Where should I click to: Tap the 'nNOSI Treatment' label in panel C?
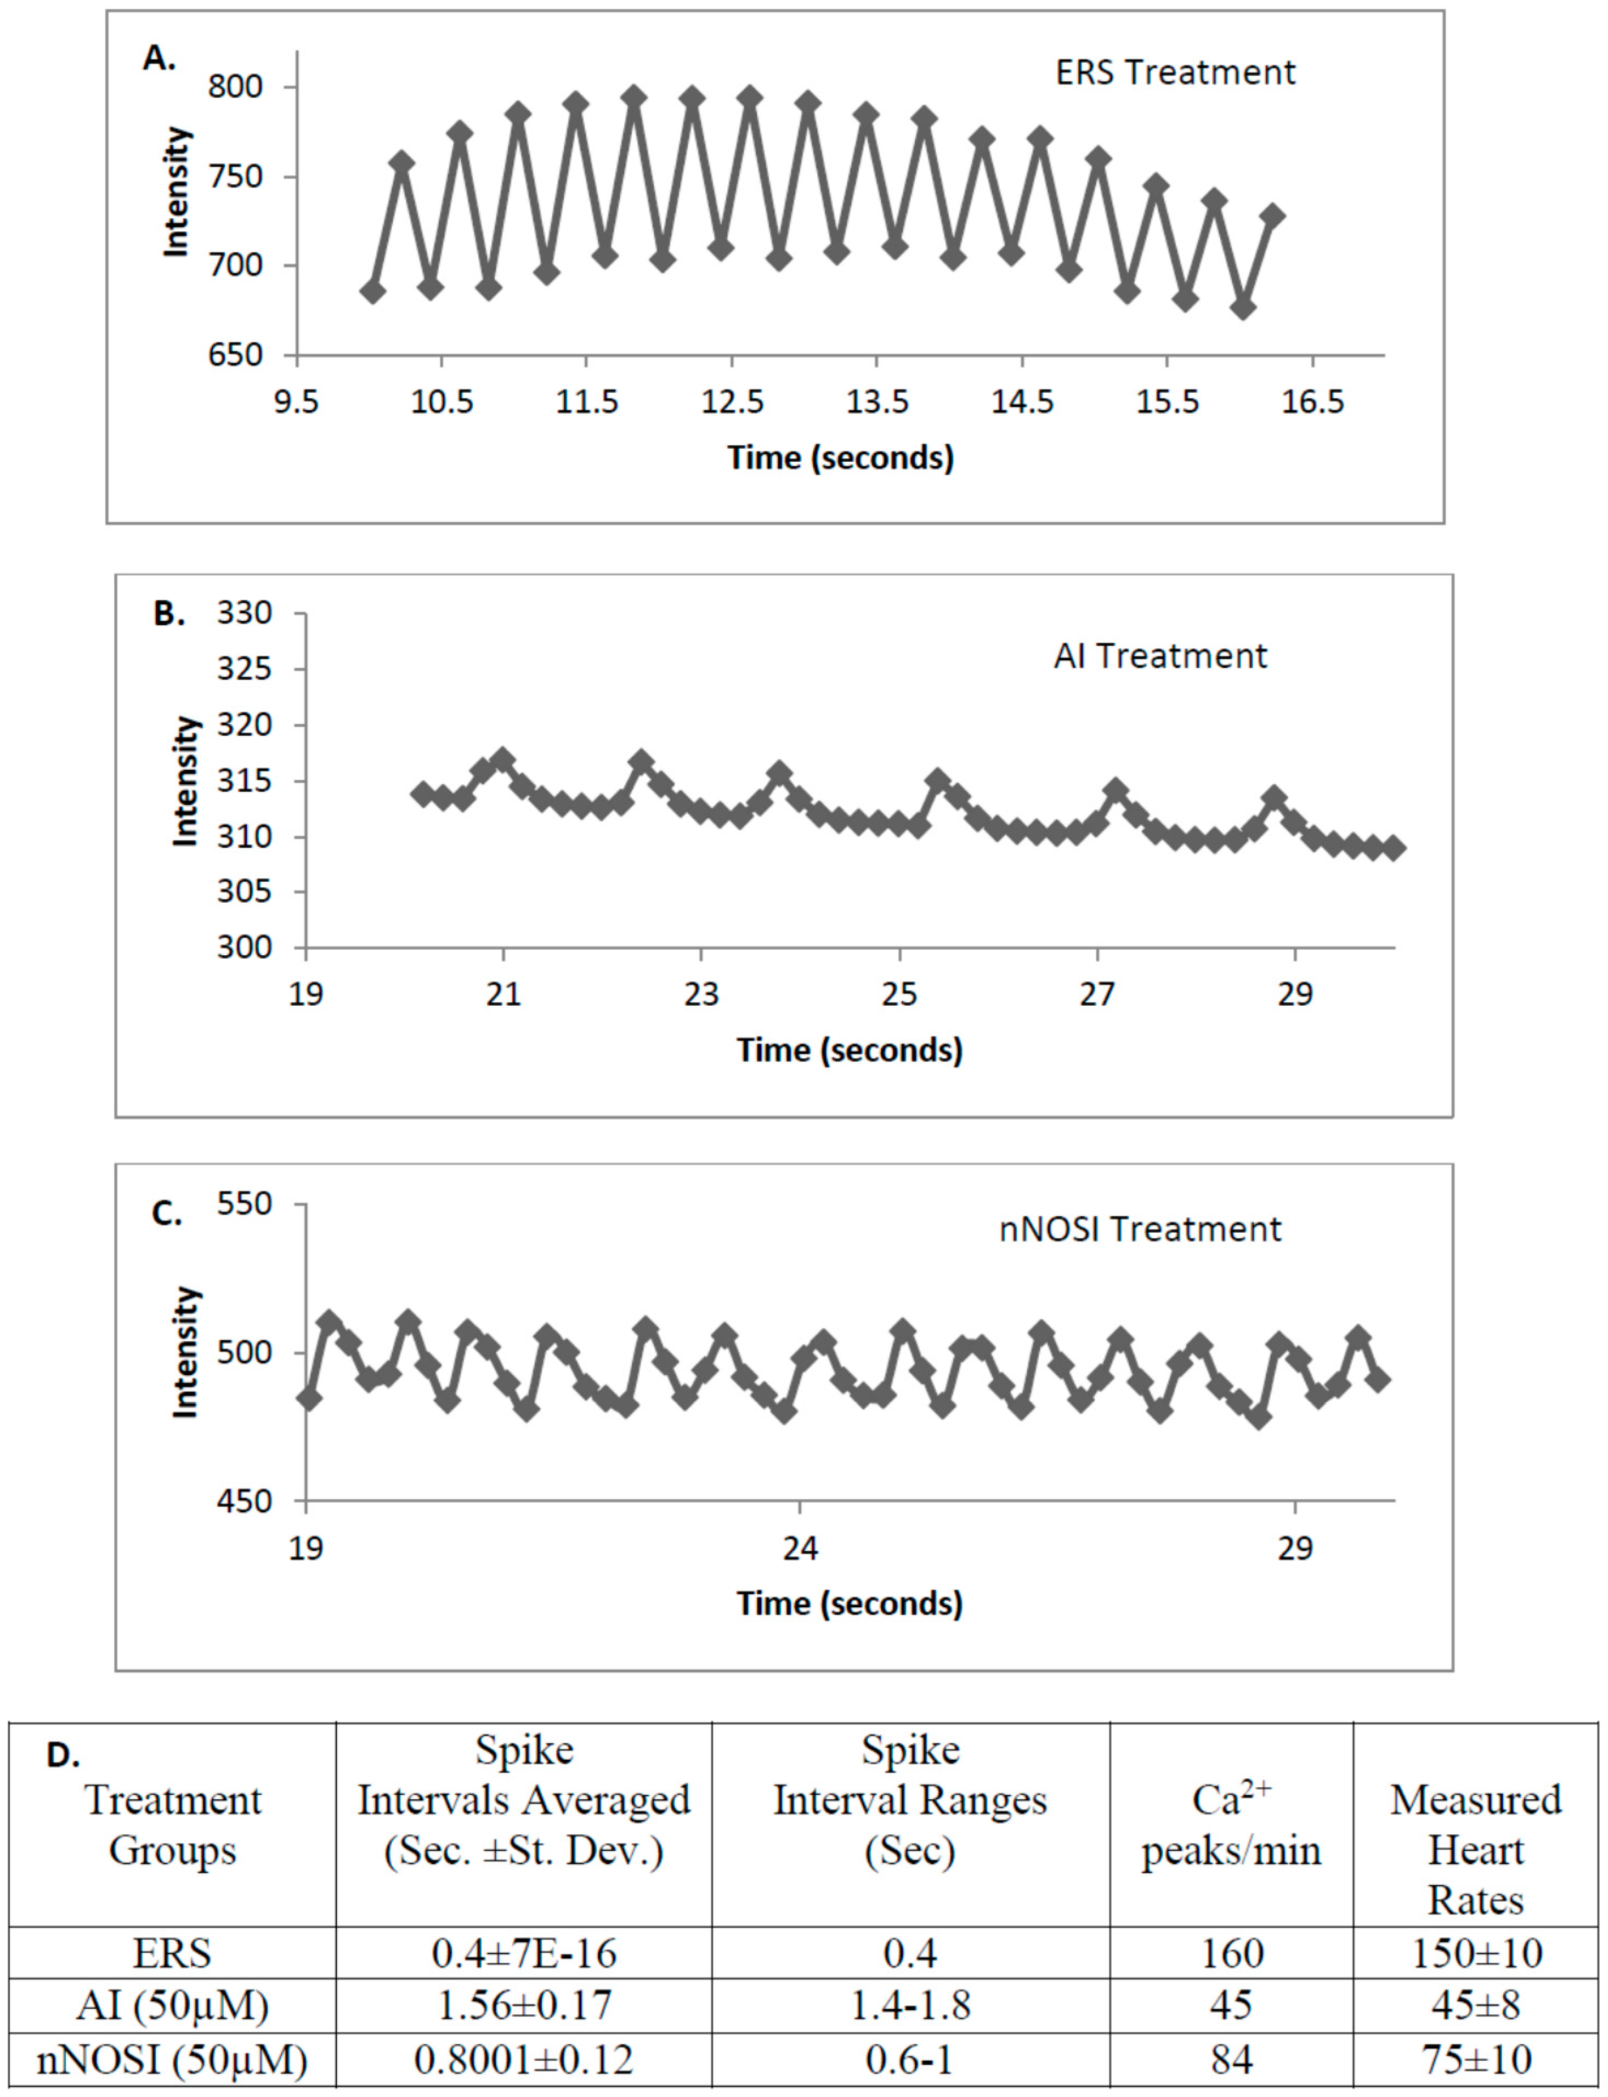[x=1139, y=1229]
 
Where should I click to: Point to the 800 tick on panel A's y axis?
[x=235, y=87]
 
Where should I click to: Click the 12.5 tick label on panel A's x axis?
[x=732, y=402]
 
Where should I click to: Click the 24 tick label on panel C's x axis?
[x=800, y=1548]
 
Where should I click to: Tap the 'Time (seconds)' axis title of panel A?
[x=840, y=457]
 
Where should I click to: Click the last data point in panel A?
[x=1272, y=216]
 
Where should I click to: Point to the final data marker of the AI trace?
[x=1394, y=847]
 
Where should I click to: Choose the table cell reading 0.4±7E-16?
[x=524, y=1953]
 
